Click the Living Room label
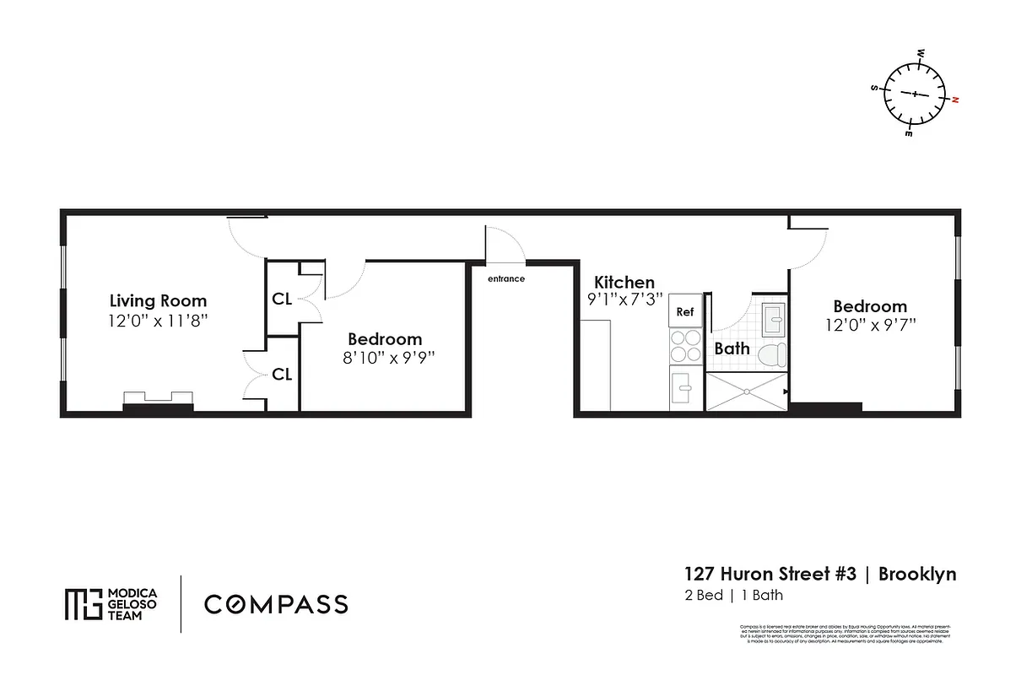158,300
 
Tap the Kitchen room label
624,282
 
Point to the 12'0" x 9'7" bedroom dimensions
870,324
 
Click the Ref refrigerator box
685,312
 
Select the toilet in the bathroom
771,354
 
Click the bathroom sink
773,319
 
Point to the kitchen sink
685,389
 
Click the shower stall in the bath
746,392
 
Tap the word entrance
506,279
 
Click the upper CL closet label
282,299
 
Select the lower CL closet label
282,375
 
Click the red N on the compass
955,100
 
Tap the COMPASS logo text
276,604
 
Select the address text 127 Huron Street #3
770,575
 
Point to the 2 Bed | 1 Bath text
733,596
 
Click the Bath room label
731,348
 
